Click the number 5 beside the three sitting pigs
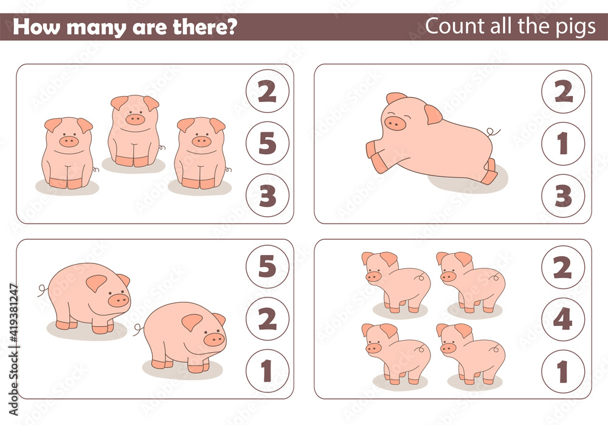point(268,143)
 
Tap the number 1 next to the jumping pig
point(563,143)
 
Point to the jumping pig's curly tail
point(494,132)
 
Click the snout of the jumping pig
point(395,124)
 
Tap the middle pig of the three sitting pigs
point(134,131)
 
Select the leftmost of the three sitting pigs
point(67,152)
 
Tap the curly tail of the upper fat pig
point(42,290)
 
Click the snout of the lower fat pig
point(214,339)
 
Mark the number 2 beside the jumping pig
point(563,91)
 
